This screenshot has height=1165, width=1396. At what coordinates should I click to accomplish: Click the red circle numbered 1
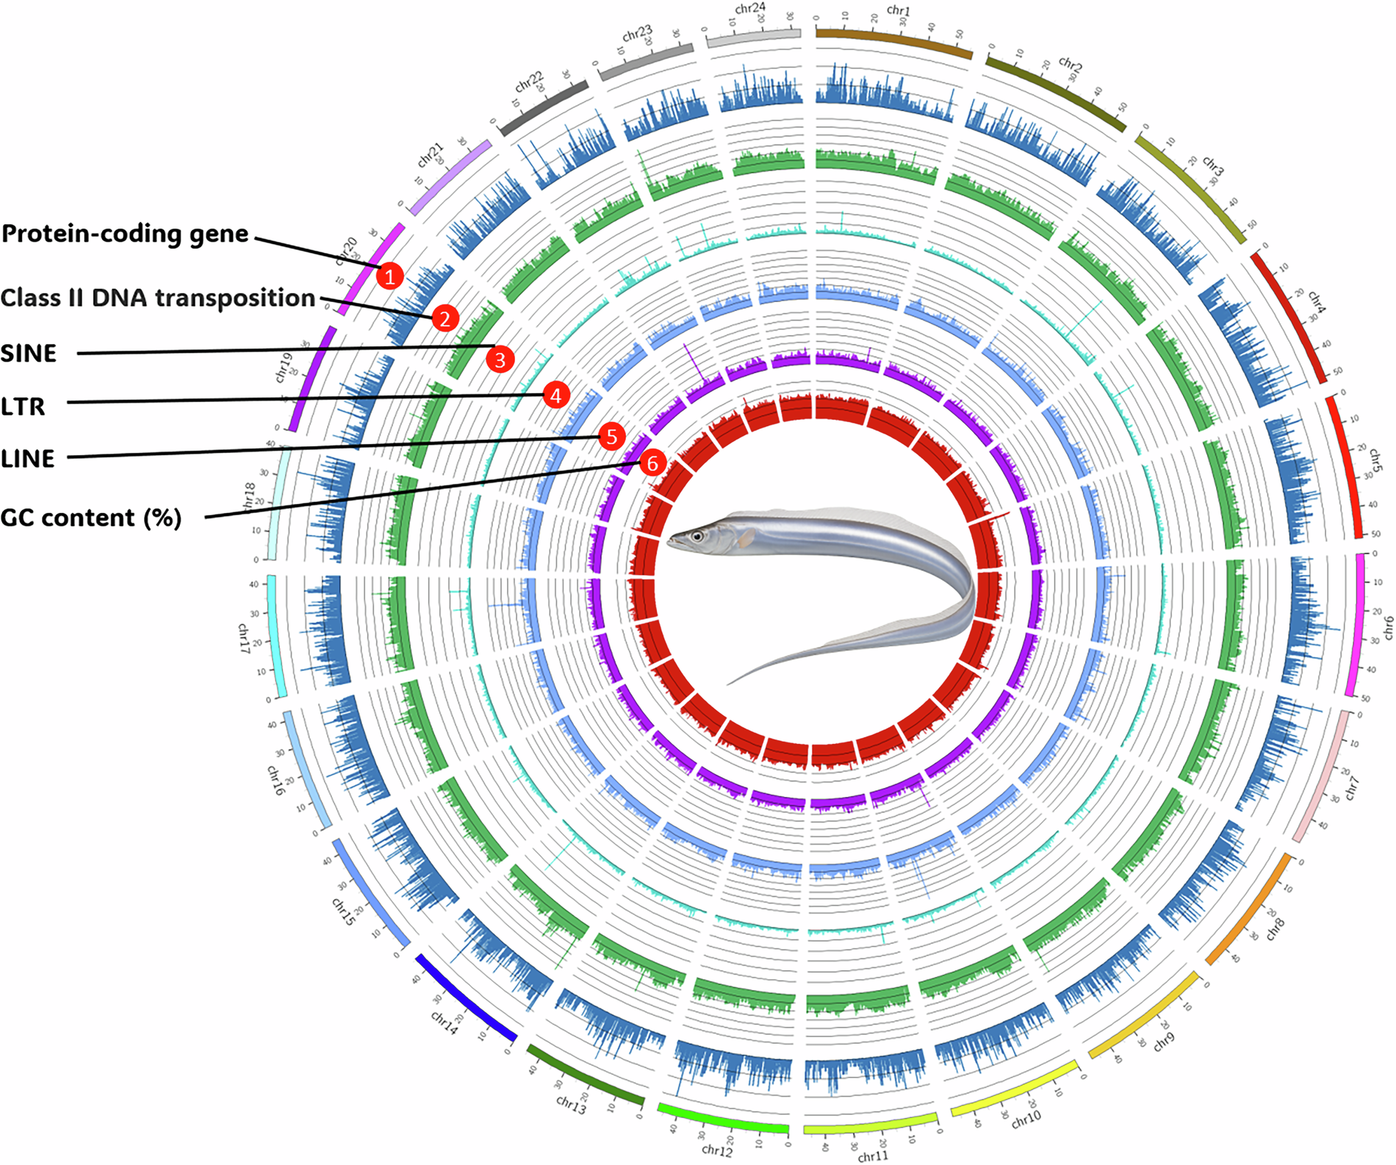click(389, 276)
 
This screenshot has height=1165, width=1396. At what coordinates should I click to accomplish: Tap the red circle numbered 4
click(555, 395)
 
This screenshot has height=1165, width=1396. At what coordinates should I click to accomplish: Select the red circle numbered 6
click(652, 464)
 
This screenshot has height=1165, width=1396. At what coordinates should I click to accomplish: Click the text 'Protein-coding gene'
click(126, 234)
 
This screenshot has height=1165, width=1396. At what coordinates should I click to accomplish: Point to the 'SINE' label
click(29, 354)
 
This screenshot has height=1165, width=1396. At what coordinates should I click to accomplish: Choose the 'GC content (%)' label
click(91, 517)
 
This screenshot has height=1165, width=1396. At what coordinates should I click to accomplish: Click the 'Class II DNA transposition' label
click(158, 298)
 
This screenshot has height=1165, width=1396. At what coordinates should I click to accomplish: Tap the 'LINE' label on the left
click(28, 459)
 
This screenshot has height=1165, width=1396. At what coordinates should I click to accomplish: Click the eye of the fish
click(697, 537)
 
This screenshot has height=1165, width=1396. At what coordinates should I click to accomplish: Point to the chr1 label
click(898, 10)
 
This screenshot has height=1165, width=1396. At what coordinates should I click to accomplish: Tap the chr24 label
click(750, 9)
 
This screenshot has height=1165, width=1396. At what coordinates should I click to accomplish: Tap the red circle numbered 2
click(445, 318)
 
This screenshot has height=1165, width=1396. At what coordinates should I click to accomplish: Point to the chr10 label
click(1026, 1119)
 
